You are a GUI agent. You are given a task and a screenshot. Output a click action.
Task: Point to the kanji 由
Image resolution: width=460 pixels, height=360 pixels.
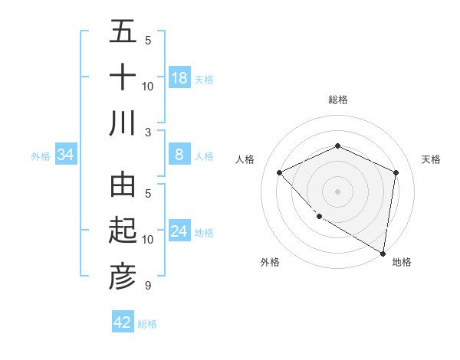pyautogui.click(x=123, y=185)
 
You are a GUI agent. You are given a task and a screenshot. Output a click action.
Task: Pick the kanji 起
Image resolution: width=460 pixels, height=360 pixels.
pyautogui.click(x=123, y=231)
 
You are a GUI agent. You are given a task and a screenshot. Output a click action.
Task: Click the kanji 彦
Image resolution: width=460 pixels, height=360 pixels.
pyautogui.click(x=123, y=277)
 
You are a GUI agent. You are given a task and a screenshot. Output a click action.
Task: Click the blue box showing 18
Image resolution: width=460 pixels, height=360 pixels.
pyautogui.click(x=179, y=78)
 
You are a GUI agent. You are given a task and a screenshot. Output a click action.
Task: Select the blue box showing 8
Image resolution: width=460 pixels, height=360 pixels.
pyautogui.click(x=179, y=155)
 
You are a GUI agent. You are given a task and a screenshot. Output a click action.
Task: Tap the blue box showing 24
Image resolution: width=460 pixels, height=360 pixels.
pyautogui.click(x=179, y=232)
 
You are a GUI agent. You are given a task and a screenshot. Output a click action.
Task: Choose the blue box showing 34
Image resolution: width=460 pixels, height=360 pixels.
pyautogui.click(x=66, y=155)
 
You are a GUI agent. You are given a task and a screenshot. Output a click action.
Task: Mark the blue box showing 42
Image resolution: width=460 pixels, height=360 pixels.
pyautogui.click(x=123, y=322)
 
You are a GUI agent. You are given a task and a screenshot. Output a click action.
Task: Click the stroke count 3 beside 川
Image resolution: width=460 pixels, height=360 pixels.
pyautogui.click(x=148, y=132)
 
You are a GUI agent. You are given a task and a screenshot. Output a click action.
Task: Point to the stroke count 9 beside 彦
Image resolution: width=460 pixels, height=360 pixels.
pyautogui.click(x=148, y=286)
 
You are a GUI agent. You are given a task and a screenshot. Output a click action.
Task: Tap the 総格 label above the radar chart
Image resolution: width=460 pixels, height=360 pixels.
pyautogui.click(x=337, y=100)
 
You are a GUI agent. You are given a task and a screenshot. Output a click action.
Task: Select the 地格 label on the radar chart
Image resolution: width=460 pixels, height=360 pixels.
pyautogui.click(x=402, y=262)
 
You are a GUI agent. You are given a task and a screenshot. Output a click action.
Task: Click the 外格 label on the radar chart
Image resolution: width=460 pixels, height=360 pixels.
pyautogui.click(x=270, y=262)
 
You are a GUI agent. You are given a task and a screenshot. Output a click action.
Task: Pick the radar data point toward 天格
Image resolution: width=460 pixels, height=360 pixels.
pyautogui.click(x=396, y=172)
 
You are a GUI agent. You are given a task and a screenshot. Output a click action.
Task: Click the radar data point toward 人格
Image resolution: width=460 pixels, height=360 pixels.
pyautogui.click(x=280, y=172)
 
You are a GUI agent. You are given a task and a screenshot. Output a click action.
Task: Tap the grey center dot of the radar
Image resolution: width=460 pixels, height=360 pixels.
pyautogui.click(x=337, y=191)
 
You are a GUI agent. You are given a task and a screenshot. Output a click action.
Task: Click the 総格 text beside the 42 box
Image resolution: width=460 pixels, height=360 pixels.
pyautogui.click(x=147, y=324)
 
